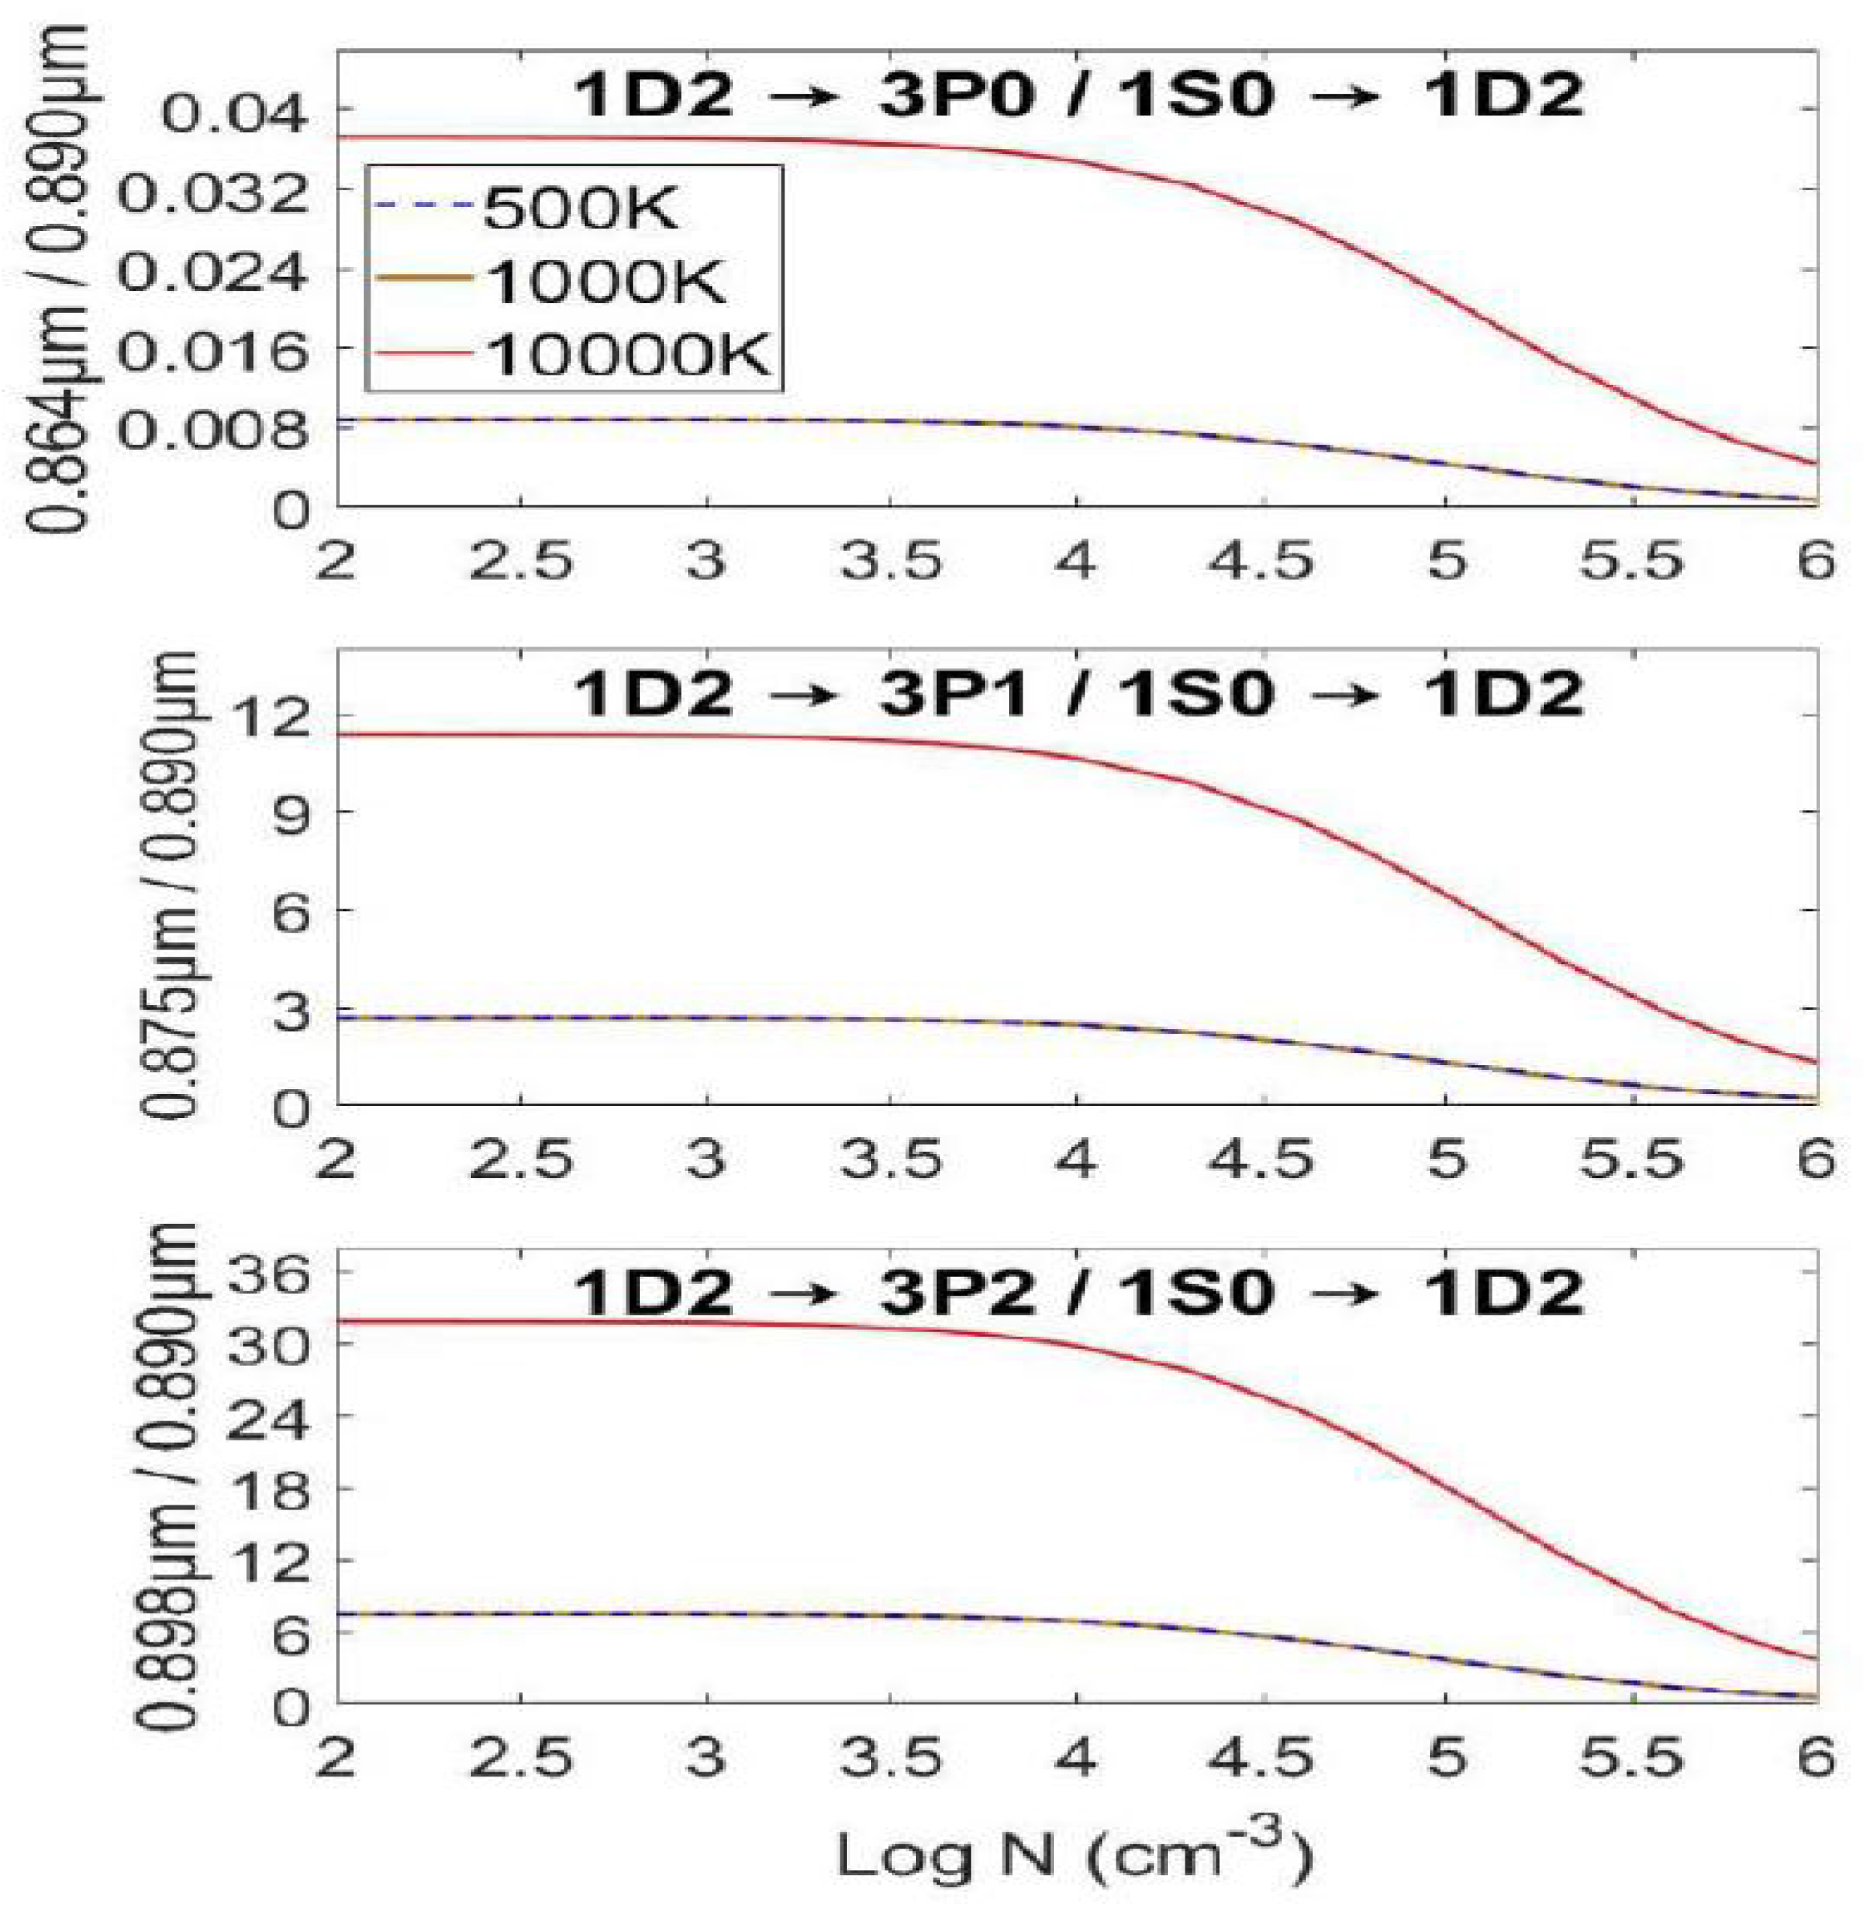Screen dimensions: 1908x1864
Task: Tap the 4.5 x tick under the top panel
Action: click(1261, 563)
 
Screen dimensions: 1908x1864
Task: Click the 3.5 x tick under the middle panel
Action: click(891, 1160)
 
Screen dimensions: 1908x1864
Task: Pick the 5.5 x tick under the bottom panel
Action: click(1631, 1759)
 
